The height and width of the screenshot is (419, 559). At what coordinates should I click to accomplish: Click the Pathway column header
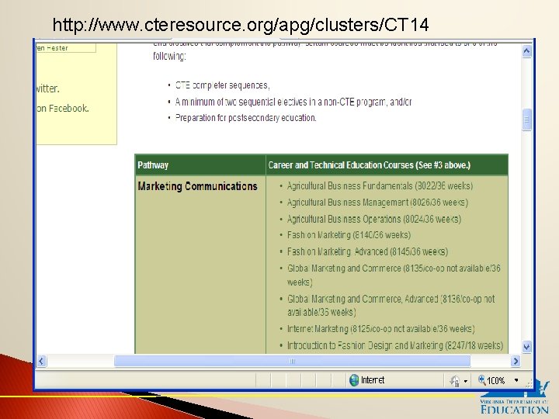[153, 165]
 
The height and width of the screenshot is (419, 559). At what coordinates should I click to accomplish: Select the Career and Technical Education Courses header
[369, 165]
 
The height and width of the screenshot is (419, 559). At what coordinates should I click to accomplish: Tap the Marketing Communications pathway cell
[197, 186]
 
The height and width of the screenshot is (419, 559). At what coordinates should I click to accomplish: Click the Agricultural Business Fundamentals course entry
[380, 186]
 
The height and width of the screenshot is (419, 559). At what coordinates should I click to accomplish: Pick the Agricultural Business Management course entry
[377, 203]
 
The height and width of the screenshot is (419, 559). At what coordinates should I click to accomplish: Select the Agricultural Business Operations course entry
[373, 219]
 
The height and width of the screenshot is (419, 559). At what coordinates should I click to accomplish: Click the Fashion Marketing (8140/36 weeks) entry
[349, 235]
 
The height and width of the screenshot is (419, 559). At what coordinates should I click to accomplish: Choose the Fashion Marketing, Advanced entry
[367, 251]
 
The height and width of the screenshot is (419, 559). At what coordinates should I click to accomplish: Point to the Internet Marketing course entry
[380, 329]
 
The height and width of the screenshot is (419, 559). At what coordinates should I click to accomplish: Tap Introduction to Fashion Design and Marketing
[394, 345]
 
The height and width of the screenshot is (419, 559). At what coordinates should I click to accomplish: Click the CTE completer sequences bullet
[222, 85]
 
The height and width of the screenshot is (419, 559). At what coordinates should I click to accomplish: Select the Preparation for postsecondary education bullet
[246, 118]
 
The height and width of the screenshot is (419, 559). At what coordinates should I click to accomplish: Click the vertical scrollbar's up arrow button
[527, 51]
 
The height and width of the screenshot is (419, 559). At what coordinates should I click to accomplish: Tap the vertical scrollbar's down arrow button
[527, 347]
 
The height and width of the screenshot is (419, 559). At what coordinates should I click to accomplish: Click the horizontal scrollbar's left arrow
[41, 361]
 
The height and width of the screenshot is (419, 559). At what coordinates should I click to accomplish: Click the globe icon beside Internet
[354, 380]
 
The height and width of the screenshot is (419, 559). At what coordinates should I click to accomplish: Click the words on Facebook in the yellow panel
[62, 109]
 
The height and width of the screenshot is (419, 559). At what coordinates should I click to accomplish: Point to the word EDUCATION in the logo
[514, 408]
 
